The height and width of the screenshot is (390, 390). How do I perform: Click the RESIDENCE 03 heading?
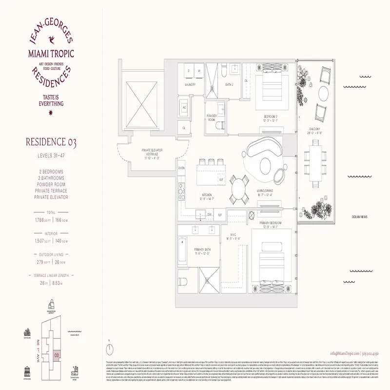50,142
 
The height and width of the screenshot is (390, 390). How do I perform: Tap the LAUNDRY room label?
190,84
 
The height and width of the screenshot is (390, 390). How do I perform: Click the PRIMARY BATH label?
201,250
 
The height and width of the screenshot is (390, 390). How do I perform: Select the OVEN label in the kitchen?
181,168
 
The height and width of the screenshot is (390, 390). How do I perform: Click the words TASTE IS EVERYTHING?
50,100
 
